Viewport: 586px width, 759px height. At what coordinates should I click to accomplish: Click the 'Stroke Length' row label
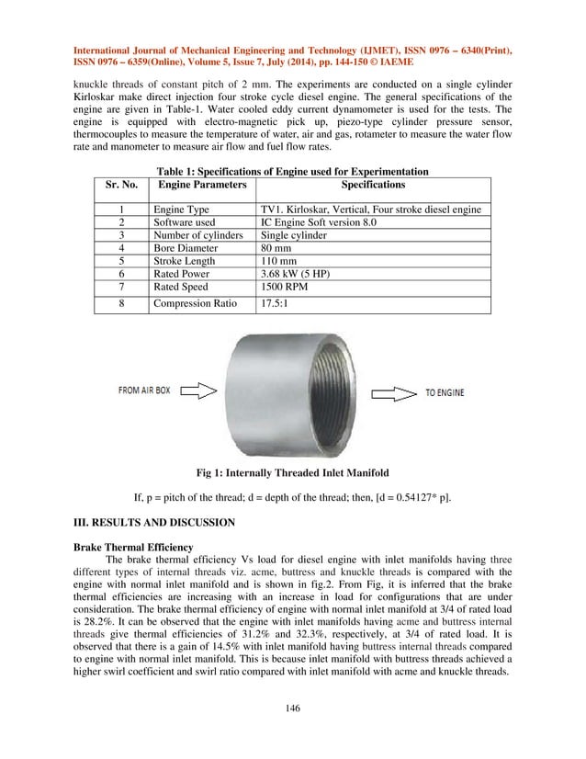click(185, 261)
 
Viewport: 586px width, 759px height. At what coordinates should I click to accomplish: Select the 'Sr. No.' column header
click(121, 185)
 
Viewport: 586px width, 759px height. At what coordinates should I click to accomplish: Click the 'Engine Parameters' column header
click(202, 185)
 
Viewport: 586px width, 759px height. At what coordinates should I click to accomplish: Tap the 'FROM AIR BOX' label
click(142, 391)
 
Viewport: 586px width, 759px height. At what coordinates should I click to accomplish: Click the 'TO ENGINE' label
click(444, 392)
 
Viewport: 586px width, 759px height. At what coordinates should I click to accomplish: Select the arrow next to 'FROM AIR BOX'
click(198, 392)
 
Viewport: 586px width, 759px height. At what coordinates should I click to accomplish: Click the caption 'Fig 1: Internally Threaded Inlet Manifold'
click(293, 473)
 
